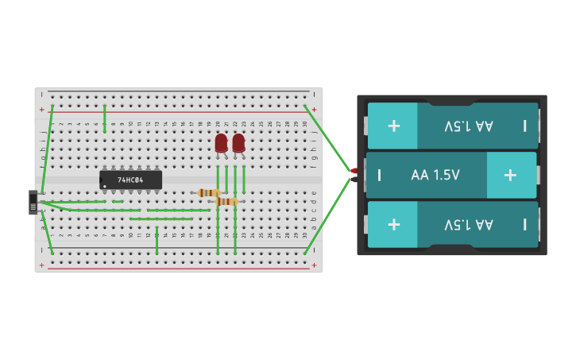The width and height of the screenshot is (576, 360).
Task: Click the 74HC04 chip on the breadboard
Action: point(130,180)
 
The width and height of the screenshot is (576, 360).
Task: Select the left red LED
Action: point(221,144)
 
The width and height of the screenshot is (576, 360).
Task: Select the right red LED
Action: point(238,144)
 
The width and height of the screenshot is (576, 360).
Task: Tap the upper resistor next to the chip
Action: point(208,192)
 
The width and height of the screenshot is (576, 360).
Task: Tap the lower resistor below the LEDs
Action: point(226,202)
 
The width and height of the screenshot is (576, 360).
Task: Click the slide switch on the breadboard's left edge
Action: point(33,202)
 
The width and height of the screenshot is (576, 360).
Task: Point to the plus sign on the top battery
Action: point(393,126)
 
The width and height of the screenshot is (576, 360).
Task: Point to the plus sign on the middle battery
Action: point(510,175)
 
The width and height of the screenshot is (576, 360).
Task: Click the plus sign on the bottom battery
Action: point(393,224)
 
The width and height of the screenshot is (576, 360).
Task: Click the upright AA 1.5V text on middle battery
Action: point(435,175)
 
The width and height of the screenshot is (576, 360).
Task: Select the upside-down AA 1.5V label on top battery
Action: point(469,126)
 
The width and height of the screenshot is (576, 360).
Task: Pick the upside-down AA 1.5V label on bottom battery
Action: point(469,224)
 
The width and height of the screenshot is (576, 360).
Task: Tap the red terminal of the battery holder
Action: point(354,171)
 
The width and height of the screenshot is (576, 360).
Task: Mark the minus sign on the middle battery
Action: point(379,175)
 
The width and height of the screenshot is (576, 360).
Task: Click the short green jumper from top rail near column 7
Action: point(104,118)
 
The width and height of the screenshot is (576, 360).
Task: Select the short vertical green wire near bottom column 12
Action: point(157,240)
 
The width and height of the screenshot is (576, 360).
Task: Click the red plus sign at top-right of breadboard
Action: point(314,109)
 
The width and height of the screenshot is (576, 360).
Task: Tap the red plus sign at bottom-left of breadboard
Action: point(42,265)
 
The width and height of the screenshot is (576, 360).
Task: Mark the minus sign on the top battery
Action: point(524,126)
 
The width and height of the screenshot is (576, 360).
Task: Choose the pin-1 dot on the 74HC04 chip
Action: point(104,186)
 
